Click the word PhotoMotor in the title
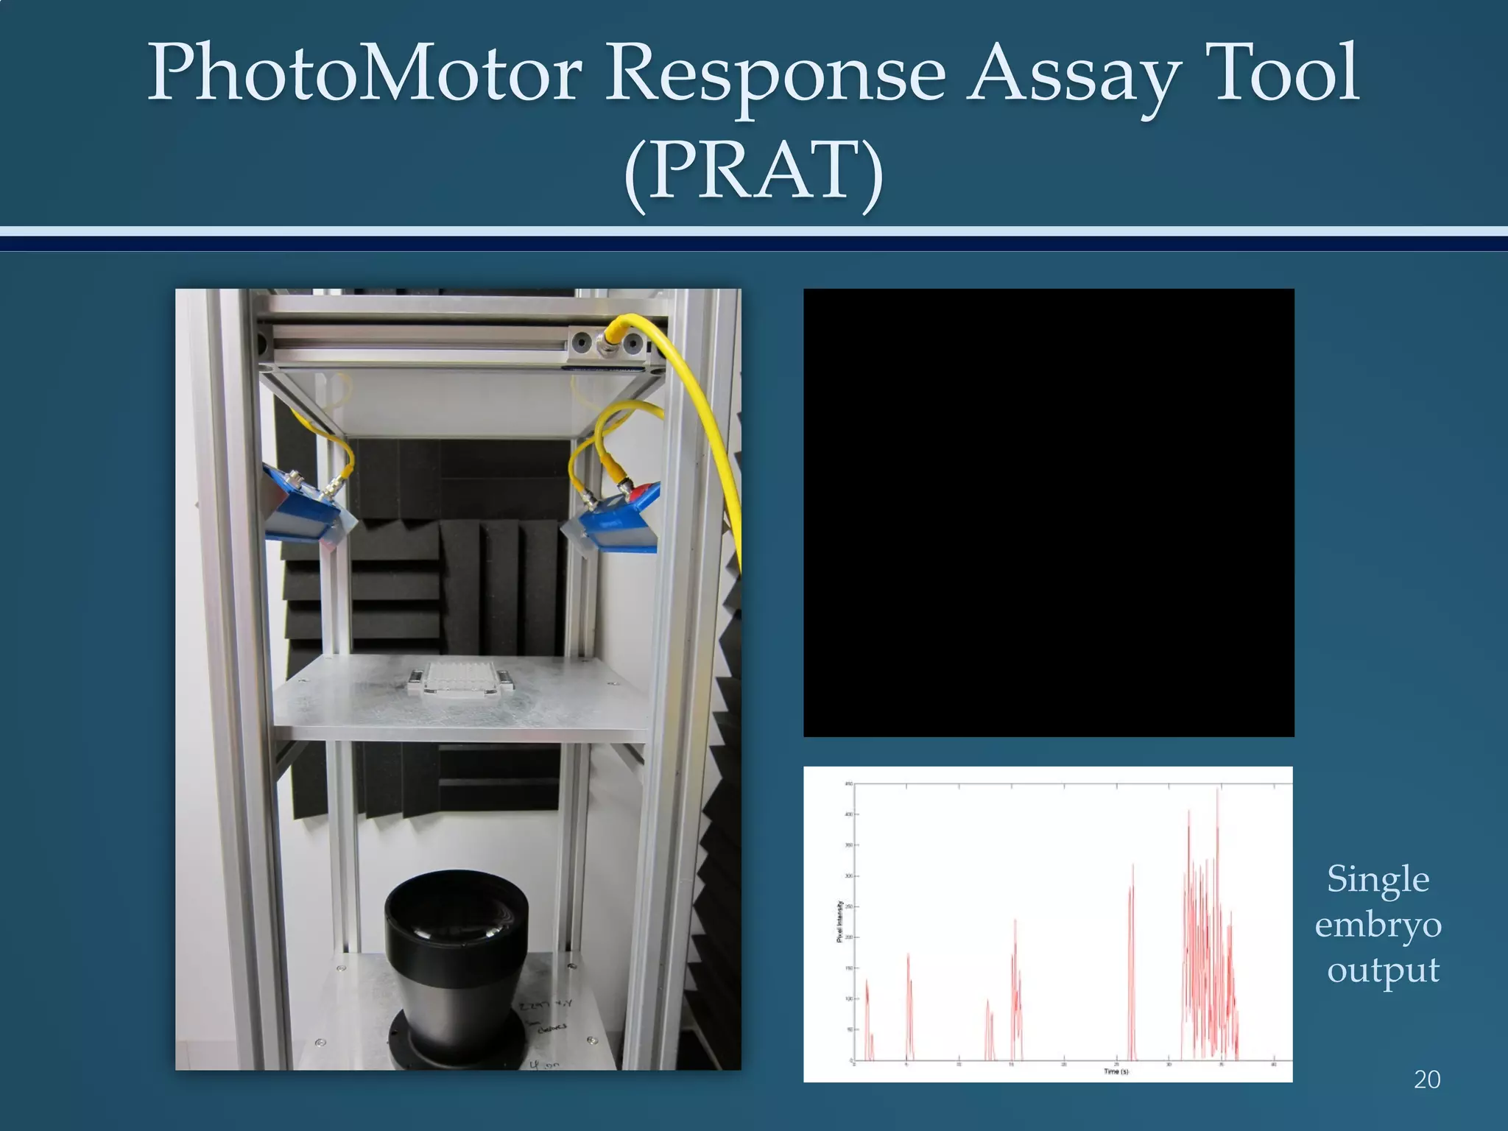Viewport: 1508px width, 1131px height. pos(365,74)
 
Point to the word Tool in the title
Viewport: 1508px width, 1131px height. pos(1286,74)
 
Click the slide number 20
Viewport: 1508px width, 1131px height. pos(1426,1079)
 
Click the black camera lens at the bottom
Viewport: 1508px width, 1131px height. pos(457,965)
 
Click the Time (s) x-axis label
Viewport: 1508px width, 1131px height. pos(1116,1071)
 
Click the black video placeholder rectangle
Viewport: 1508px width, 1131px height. pos(1048,512)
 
